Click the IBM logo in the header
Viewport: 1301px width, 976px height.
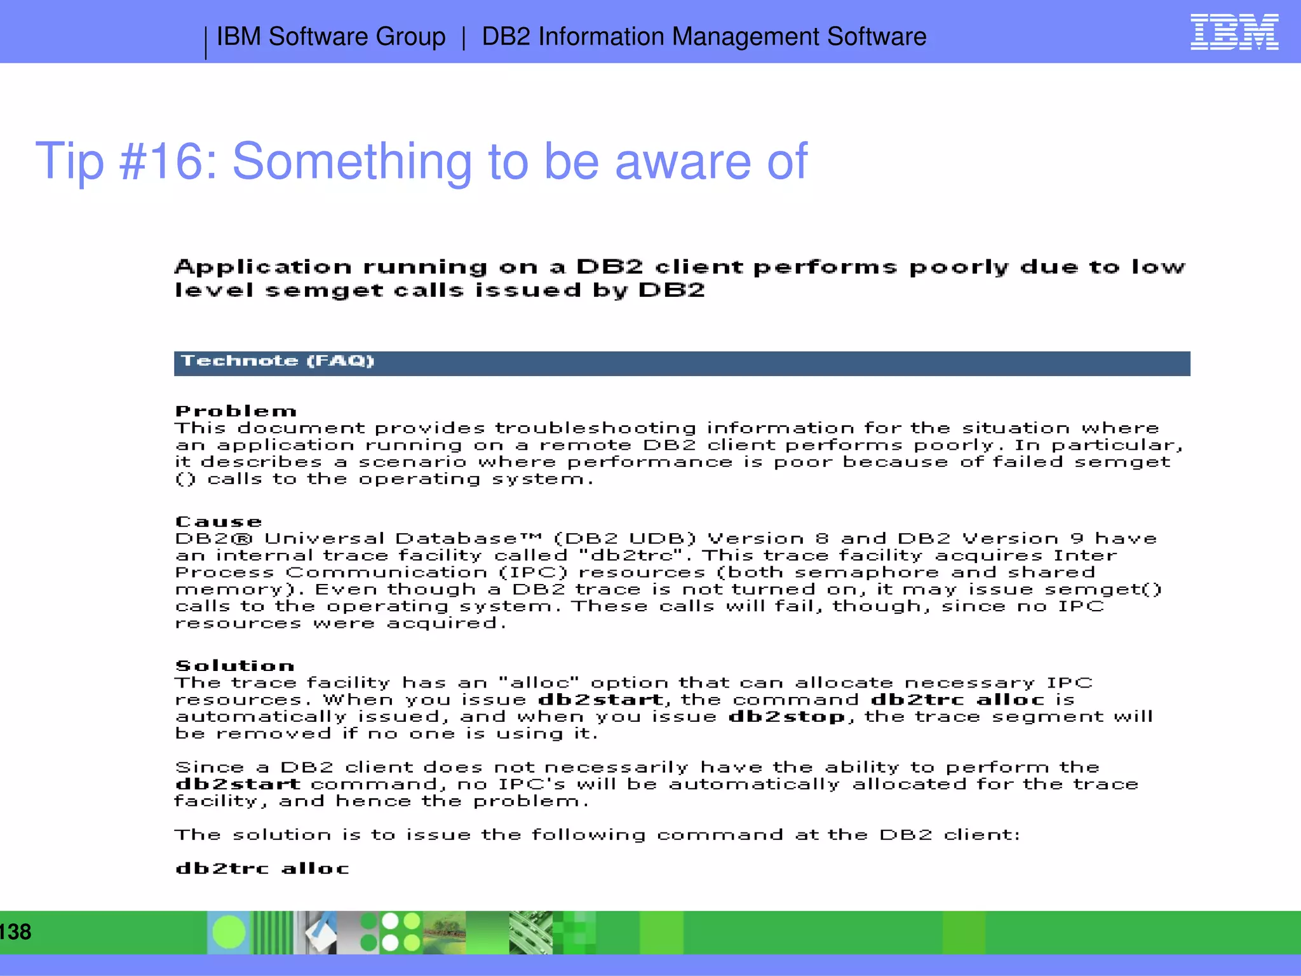click(x=1234, y=32)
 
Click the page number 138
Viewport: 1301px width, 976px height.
click(x=15, y=932)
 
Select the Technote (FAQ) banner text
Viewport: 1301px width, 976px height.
click(x=278, y=361)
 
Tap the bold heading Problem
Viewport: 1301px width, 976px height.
click(x=236, y=411)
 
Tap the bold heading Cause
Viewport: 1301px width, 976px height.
click(x=219, y=522)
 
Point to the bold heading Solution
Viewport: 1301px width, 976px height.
click(x=234, y=666)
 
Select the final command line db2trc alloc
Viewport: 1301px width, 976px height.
click(x=262, y=869)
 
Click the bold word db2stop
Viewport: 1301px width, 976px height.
click(x=787, y=717)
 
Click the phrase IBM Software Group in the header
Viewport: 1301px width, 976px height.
click(x=331, y=36)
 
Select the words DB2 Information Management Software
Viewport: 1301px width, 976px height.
click(x=704, y=36)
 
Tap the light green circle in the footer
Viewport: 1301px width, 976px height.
click(x=229, y=932)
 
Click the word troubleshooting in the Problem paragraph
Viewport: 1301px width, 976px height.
click(x=595, y=428)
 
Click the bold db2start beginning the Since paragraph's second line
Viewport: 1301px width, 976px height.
click(x=238, y=784)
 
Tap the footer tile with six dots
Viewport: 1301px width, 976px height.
click(x=391, y=932)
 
